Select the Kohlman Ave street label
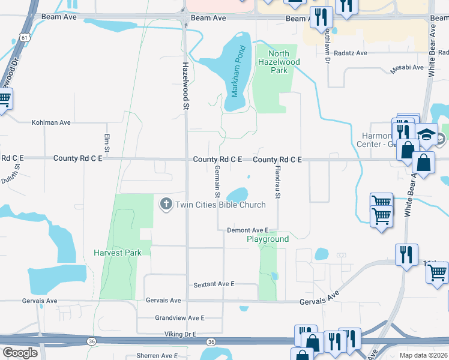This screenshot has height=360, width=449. tap(51, 122)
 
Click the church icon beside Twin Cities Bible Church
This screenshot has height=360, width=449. tap(166, 205)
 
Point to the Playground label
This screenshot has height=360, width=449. tap(268, 239)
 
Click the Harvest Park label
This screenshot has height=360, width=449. tap(118, 253)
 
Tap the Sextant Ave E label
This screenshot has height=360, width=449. tap(213, 284)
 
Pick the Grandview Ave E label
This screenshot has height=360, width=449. tap(179, 317)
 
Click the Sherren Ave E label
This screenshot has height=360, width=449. tap(161, 355)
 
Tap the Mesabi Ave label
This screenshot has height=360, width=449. tap(407, 68)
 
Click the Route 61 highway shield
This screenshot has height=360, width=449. tap(23, 37)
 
